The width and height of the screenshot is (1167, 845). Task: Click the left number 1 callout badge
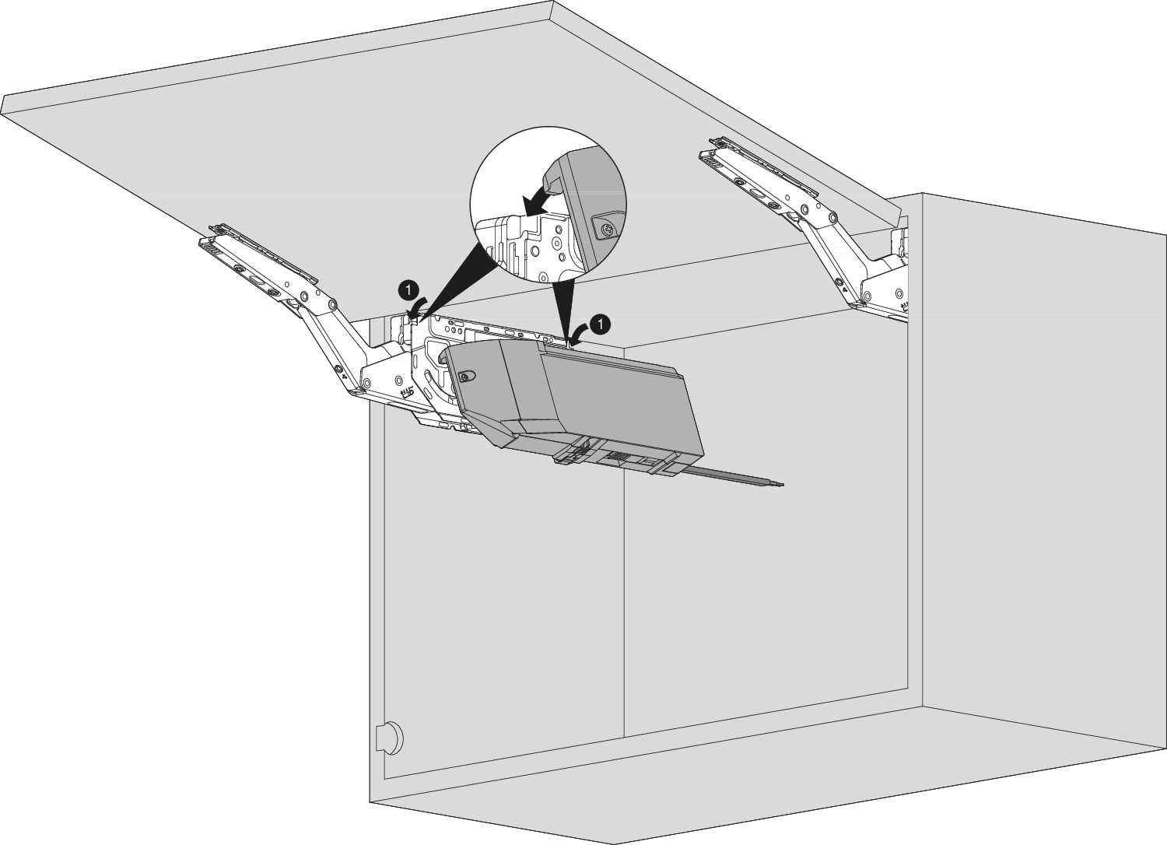click(409, 289)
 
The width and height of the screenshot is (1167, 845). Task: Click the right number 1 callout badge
click(601, 324)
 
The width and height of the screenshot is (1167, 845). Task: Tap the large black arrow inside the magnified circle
click(538, 204)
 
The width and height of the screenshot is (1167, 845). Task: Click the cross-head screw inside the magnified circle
click(606, 229)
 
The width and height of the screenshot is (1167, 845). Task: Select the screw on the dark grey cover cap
click(464, 377)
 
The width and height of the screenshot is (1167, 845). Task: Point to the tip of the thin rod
click(783, 485)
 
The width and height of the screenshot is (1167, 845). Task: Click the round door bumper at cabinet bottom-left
click(390, 737)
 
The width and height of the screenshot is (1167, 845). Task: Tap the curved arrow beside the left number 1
click(417, 307)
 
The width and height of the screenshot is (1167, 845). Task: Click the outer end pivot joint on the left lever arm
click(331, 304)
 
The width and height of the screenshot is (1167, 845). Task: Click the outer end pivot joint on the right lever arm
click(832, 217)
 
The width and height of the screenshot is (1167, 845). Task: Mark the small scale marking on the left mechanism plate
click(406, 391)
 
